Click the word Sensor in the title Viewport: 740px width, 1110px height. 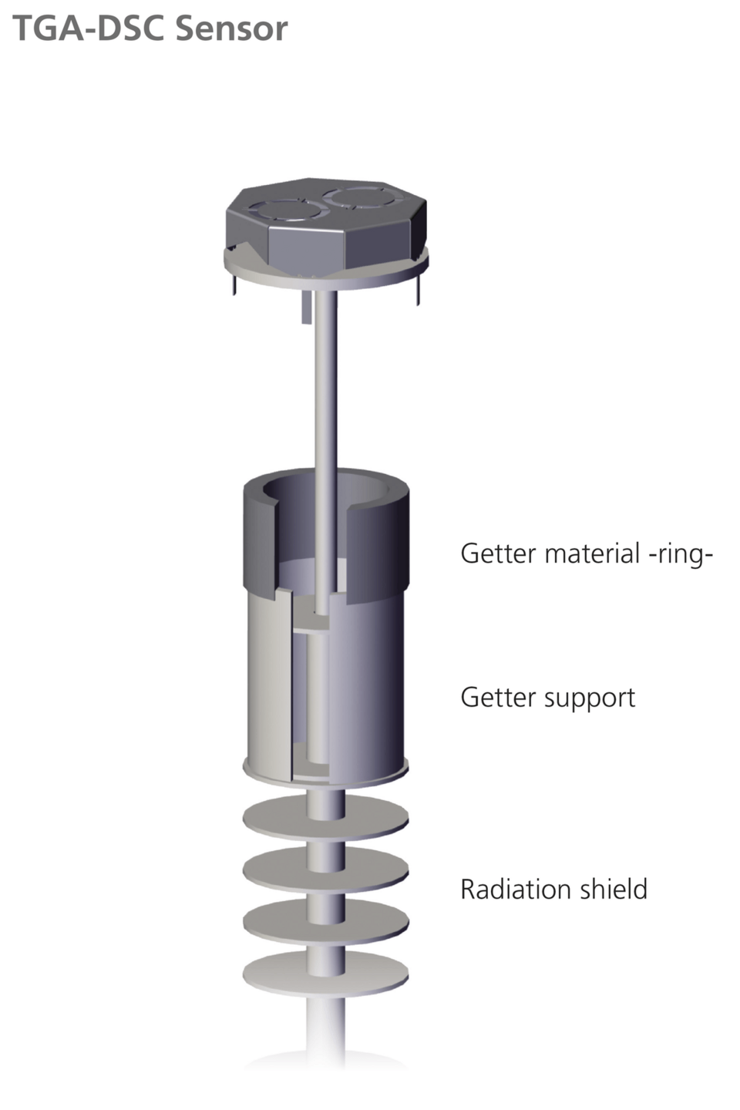(231, 29)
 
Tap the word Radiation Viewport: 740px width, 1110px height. (516, 889)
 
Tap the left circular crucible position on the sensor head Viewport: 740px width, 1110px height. (281, 210)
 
